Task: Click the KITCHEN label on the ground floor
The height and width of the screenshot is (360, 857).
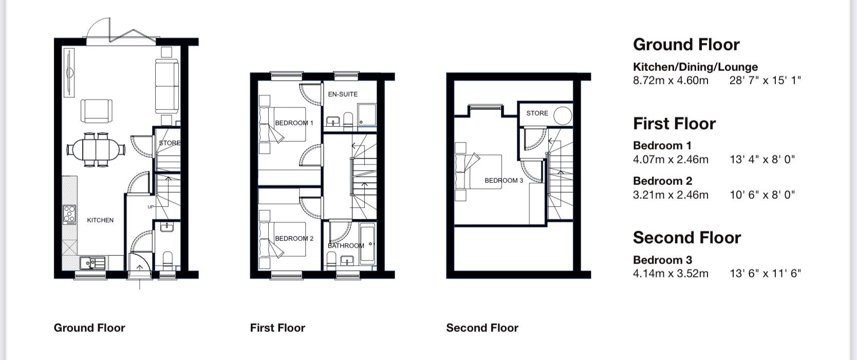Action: click(100, 220)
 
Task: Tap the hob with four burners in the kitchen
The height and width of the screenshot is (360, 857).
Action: click(69, 215)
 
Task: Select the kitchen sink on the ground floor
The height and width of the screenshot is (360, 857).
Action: click(92, 263)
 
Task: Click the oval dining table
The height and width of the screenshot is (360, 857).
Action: click(96, 149)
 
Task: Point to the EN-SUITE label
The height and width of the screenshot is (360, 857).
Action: click(343, 94)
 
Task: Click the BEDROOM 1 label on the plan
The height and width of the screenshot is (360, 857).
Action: click(294, 123)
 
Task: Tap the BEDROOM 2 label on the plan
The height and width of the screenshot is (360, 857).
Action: click(294, 238)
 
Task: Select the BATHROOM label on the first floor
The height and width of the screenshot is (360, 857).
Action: click(346, 245)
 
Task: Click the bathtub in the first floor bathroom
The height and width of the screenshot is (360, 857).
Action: click(367, 244)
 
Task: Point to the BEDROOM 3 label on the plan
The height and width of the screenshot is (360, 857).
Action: click(504, 181)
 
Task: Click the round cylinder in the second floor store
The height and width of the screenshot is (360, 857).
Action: click(563, 115)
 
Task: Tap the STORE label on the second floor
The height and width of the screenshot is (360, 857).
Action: click(537, 113)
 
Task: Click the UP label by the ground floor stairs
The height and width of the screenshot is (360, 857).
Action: click(151, 207)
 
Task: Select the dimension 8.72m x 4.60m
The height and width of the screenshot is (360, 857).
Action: click(670, 81)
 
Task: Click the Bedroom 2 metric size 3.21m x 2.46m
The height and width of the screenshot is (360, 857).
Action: click(670, 195)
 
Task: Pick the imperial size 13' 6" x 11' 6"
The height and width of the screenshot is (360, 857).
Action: click(765, 274)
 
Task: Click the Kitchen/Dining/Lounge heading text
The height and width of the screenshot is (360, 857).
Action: click(696, 67)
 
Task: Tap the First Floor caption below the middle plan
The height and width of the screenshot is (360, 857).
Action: click(278, 328)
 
